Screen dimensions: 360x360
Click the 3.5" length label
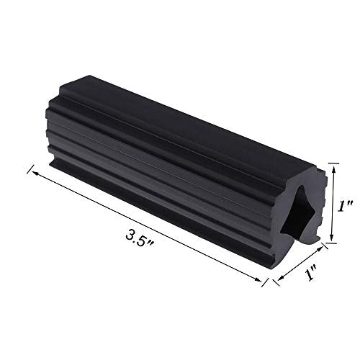tap(140, 238)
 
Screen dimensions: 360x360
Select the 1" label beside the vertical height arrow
tap(345, 206)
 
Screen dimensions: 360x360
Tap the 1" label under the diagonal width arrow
tap(311, 274)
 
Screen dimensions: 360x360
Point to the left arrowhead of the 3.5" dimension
tap(35, 173)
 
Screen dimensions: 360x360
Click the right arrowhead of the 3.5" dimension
tap(258, 279)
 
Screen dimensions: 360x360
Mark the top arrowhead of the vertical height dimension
tap(333, 170)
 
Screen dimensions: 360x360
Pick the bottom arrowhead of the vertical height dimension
tap(332, 237)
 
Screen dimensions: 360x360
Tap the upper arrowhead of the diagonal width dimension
tap(320, 249)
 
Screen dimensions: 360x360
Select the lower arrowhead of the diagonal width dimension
tap(281, 278)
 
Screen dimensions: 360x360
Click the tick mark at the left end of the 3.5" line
tap(30, 168)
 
